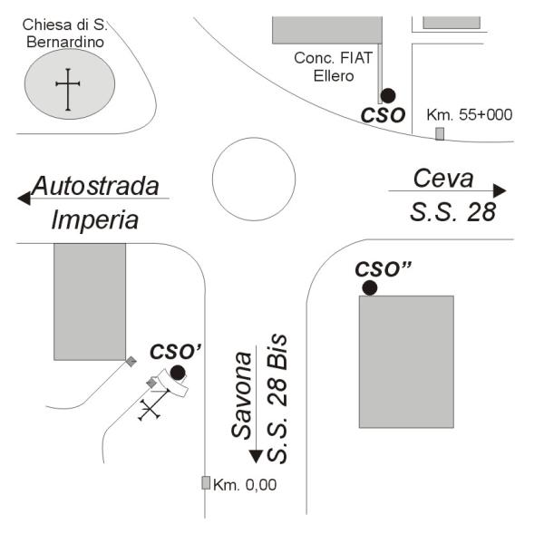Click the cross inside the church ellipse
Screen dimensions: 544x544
(68, 90)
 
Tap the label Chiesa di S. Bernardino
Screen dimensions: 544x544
(65, 34)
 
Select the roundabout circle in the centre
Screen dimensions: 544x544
(254, 179)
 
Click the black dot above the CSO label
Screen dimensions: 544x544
(388, 95)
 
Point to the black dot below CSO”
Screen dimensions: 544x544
(370, 288)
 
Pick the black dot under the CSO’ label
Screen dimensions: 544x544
(178, 373)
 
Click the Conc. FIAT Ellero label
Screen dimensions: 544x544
(334, 66)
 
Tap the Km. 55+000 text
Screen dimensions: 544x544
(470, 115)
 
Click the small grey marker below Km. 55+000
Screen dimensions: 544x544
(440, 134)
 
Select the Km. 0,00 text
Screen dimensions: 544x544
(245, 485)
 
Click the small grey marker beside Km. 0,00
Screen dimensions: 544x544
(206, 482)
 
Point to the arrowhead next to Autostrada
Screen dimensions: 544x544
(24, 199)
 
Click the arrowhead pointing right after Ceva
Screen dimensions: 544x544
(500, 190)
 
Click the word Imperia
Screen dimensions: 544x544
(94, 220)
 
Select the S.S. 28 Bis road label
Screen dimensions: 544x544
(277, 398)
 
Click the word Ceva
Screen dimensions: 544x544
(443, 179)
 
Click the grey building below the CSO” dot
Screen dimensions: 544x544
(406, 362)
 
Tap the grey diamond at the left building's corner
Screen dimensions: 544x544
(131, 362)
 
